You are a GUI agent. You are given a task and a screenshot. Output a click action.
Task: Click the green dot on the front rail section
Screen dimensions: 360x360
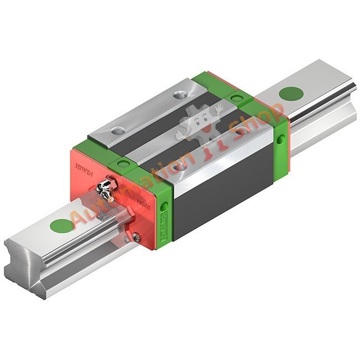pyautogui.click(x=61, y=226)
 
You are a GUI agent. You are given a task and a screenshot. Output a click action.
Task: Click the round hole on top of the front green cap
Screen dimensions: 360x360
pyautogui.click(x=121, y=163)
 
